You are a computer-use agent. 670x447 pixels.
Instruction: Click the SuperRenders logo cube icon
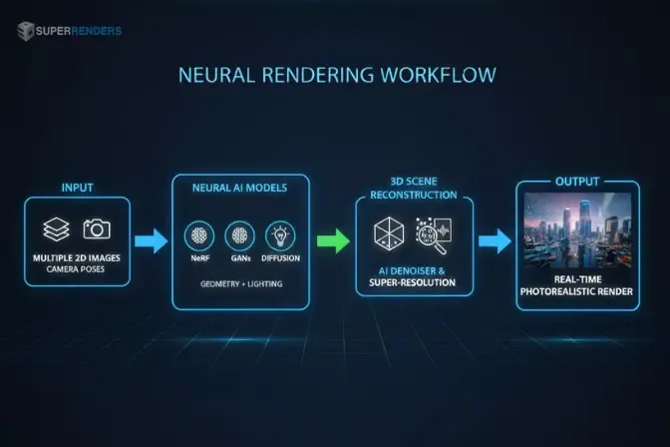[x=25, y=31]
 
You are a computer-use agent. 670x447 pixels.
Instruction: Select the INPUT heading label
[x=77, y=188]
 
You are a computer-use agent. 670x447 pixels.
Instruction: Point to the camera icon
[x=97, y=228]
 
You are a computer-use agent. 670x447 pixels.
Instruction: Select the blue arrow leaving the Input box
[x=152, y=240]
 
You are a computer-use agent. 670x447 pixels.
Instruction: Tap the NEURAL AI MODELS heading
[x=240, y=186]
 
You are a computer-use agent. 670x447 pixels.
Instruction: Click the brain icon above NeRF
[x=198, y=235]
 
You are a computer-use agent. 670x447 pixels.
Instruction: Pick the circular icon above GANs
[x=239, y=235]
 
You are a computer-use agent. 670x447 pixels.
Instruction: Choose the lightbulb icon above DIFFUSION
[x=280, y=235]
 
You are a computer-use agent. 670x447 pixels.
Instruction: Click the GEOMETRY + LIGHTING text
[x=239, y=284]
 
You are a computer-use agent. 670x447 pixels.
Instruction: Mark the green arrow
[x=333, y=240]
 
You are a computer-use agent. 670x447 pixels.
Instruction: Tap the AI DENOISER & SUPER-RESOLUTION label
[x=414, y=276]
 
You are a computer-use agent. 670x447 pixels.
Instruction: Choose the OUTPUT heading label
[x=577, y=182]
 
